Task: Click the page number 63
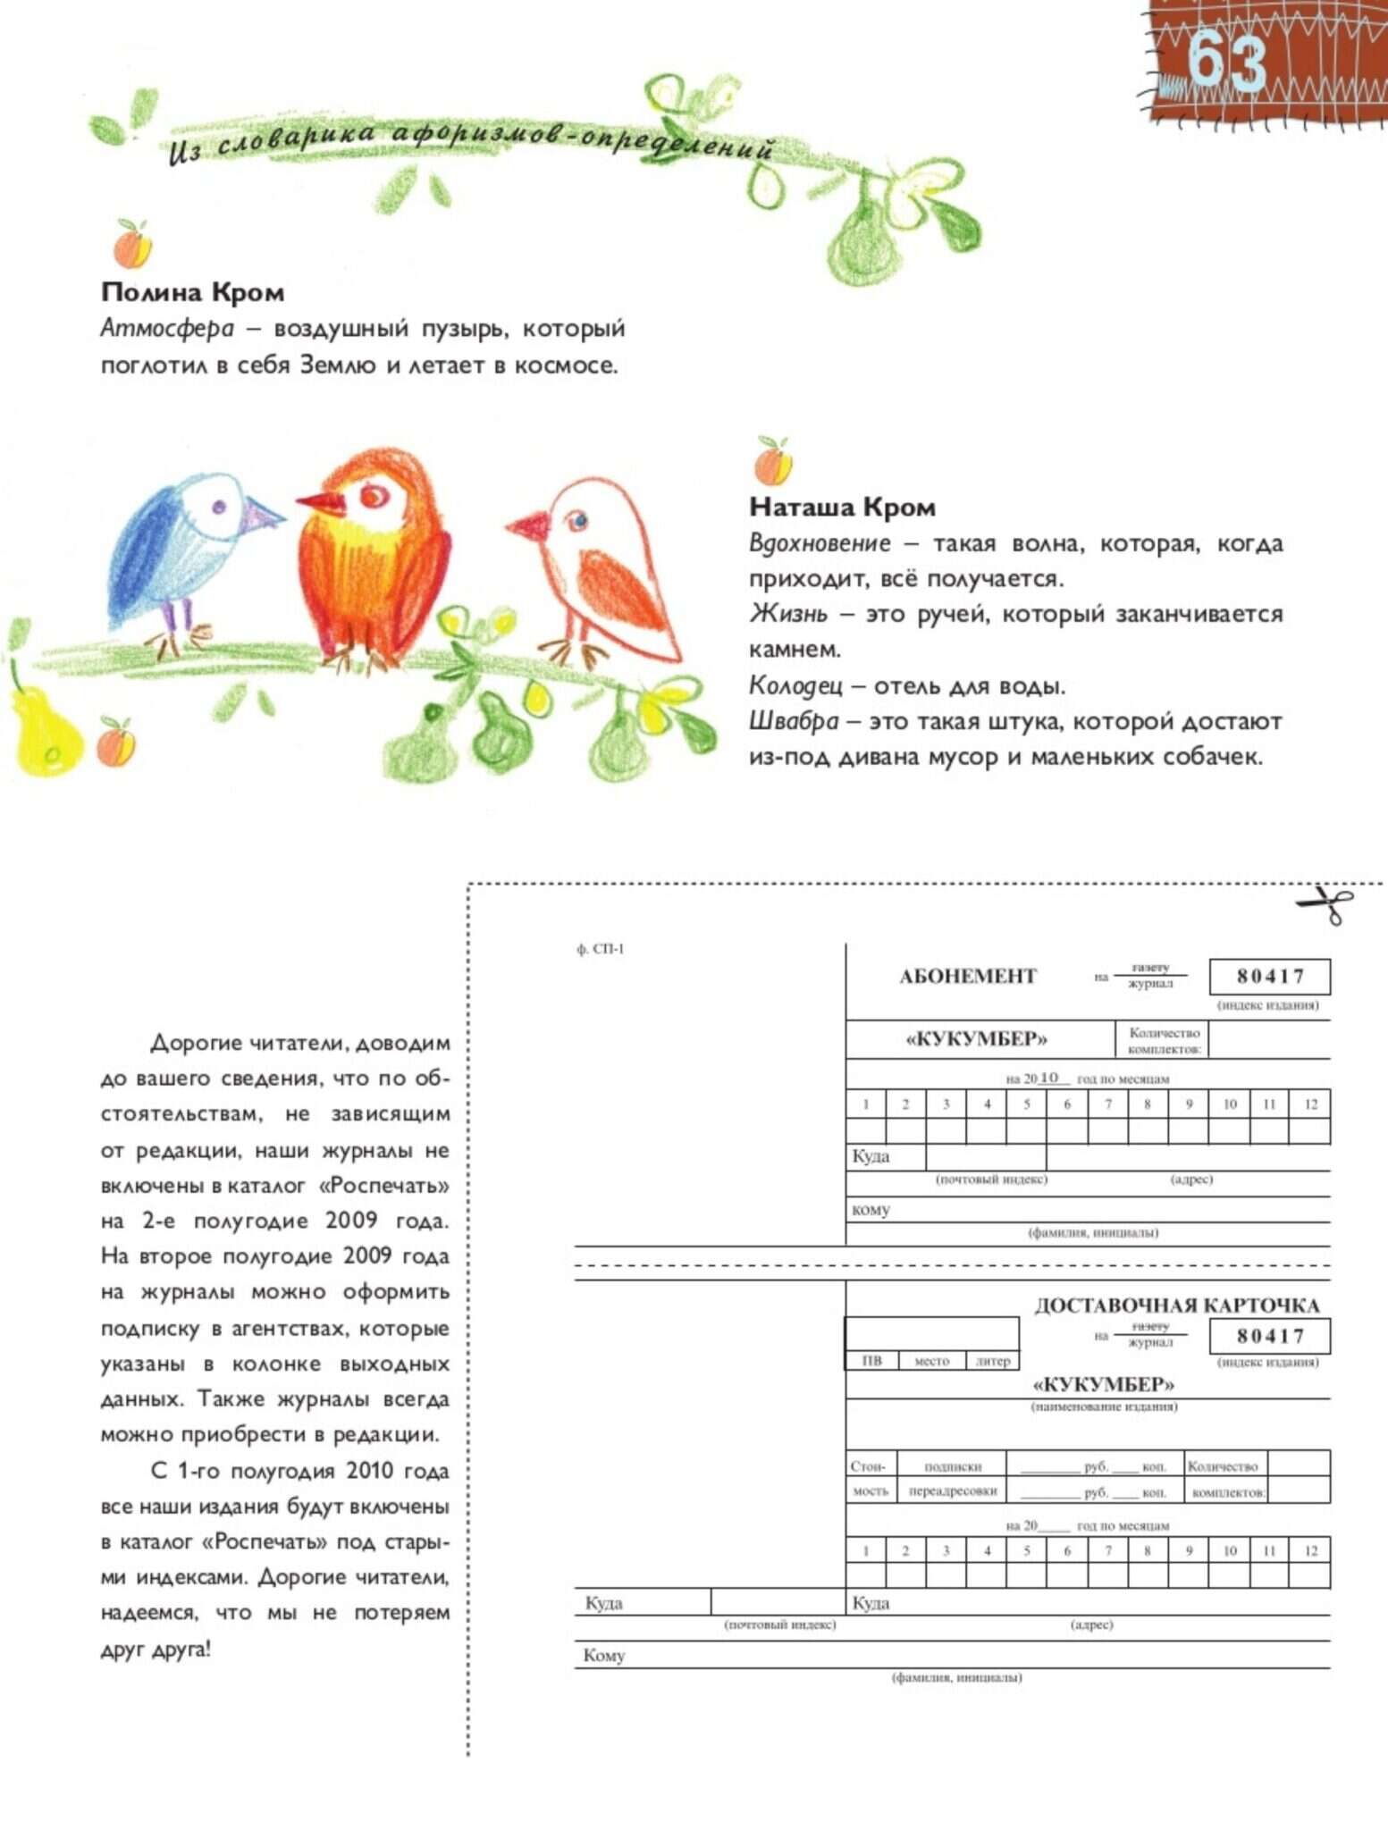1228,61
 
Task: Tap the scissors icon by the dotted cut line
1325,904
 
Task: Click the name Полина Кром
192,292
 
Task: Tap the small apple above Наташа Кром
772,461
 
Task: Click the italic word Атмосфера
167,329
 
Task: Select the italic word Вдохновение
820,543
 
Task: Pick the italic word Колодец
795,685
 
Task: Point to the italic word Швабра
794,721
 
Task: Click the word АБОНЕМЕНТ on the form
967,977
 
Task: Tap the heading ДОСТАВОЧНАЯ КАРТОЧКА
1176,1305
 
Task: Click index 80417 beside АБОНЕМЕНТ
1269,977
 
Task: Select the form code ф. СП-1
600,949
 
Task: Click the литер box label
992,1361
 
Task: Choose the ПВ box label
871,1361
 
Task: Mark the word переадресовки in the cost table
952,1491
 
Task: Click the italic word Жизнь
787,614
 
